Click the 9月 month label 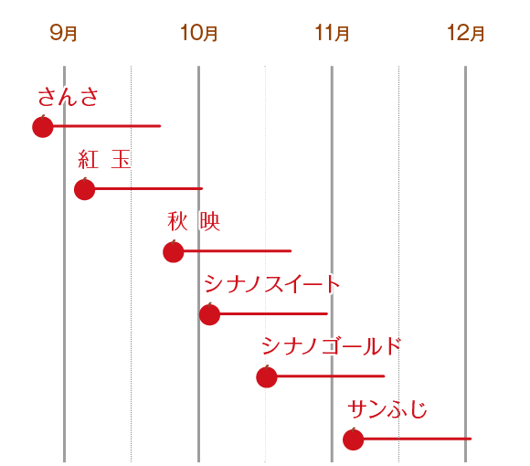point(64,34)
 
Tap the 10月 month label point(199,34)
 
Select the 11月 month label point(333,34)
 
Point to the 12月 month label point(466,34)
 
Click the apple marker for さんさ point(42,126)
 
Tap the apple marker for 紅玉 point(85,189)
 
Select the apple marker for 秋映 point(174,251)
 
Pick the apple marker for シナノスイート point(209,314)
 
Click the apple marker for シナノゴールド point(266,376)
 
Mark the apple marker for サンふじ point(353,440)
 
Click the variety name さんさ point(68,97)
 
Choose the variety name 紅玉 point(104,160)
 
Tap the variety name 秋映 point(194,222)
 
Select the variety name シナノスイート point(271,284)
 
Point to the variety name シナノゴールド point(331,346)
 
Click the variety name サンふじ point(387,409)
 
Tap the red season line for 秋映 point(238,251)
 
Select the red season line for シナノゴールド point(330,376)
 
